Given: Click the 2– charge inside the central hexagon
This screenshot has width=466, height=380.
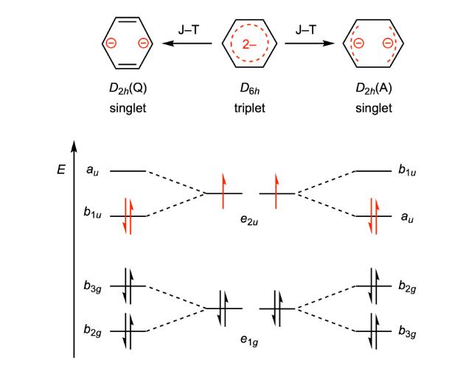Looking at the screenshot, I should tap(249, 44).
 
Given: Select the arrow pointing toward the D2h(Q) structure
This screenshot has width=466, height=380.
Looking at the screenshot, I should tap(188, 44).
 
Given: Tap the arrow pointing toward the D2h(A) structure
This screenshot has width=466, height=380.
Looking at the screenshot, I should tap(310, 44).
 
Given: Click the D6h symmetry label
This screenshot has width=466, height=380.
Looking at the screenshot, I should tap(249, 91).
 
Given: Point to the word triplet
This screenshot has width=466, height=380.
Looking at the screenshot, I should tap(249, 108).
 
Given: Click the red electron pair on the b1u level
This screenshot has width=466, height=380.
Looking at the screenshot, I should tap(127, 215).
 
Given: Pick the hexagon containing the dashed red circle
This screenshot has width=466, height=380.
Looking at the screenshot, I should tap(249, 44).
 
